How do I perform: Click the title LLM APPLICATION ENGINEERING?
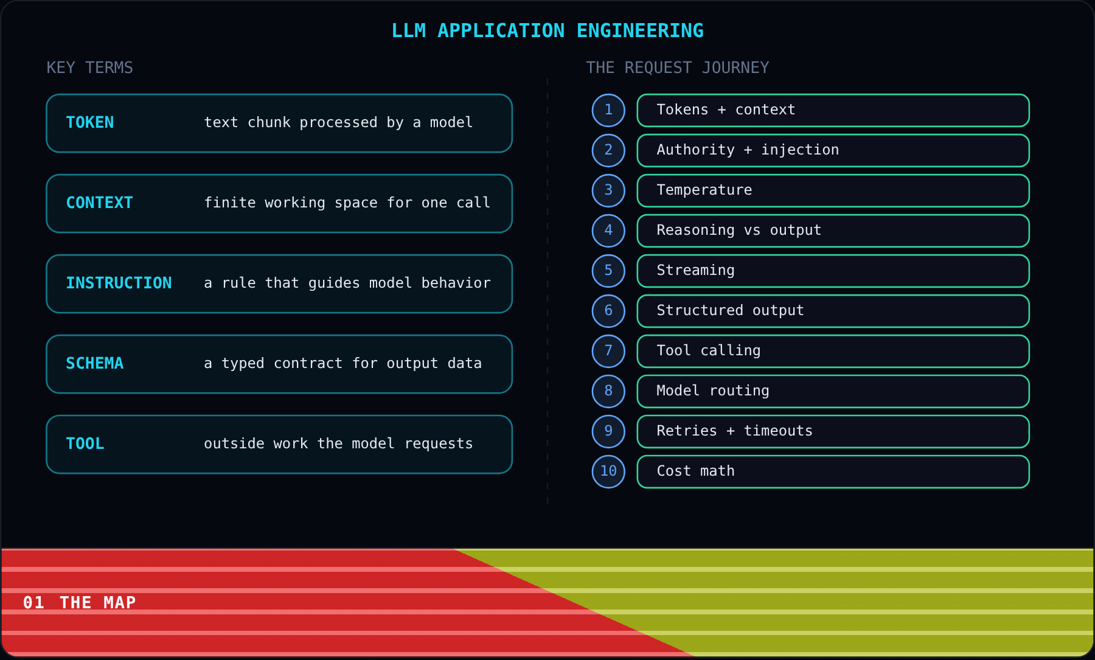pos(547,30)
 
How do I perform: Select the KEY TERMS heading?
pos(90,68)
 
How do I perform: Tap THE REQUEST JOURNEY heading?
pos(678,68)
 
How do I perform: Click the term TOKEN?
pos(90,122)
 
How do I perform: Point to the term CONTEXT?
pos(99,203)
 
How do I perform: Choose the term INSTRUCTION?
pos(119,283)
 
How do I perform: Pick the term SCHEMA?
pos(94,363)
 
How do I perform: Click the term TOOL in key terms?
pos(85,443)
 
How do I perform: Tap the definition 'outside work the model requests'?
pos(338,443)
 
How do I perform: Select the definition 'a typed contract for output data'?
pos(343,363)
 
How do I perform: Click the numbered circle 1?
pos(608,110)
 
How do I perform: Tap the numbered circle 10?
pos(608,471)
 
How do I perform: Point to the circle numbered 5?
pos(608,271)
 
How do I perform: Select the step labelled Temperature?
pos(833,190)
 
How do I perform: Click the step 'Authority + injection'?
pos(833,150)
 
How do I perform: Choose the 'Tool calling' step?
pos(833,351)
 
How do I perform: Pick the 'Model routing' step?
pos(833,391)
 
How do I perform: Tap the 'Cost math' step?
pos(833,471)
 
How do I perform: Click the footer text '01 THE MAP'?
pos(80,602)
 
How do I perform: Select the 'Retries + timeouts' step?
pos(833,431)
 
